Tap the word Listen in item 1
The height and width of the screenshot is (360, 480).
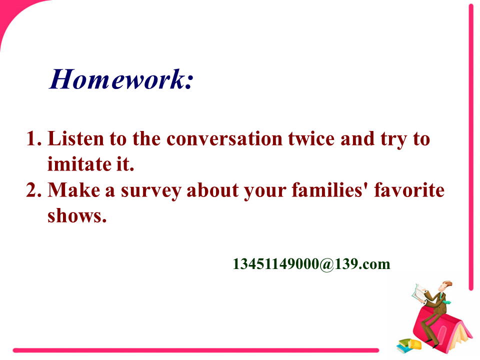pyautogui.click(x=75, y=138)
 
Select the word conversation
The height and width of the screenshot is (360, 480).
pyautogui.click(x=224, y=138)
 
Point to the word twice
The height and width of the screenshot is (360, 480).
pyautogui.click(x=311, y=138)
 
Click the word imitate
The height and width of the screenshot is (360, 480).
pyautogui.click(x=79, y=164)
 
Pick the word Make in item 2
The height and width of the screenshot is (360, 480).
pyautogui.click(x=74, y=190)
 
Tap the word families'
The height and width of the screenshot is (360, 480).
pyautogui.click(x=329, y=190)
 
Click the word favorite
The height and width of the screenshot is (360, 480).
pyautogui.click(x=409, y=190)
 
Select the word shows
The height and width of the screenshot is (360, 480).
pyautogui.click(x=77, y=215)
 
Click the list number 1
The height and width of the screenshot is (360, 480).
pyautogui.click(x=33, y=138)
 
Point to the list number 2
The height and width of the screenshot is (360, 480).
pyautogui.click(x=33, y=190)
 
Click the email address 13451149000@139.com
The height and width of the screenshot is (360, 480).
pyautogui.click(x=311, y=264)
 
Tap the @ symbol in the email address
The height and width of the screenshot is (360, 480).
pyautogui.click(x=326, y=264)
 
